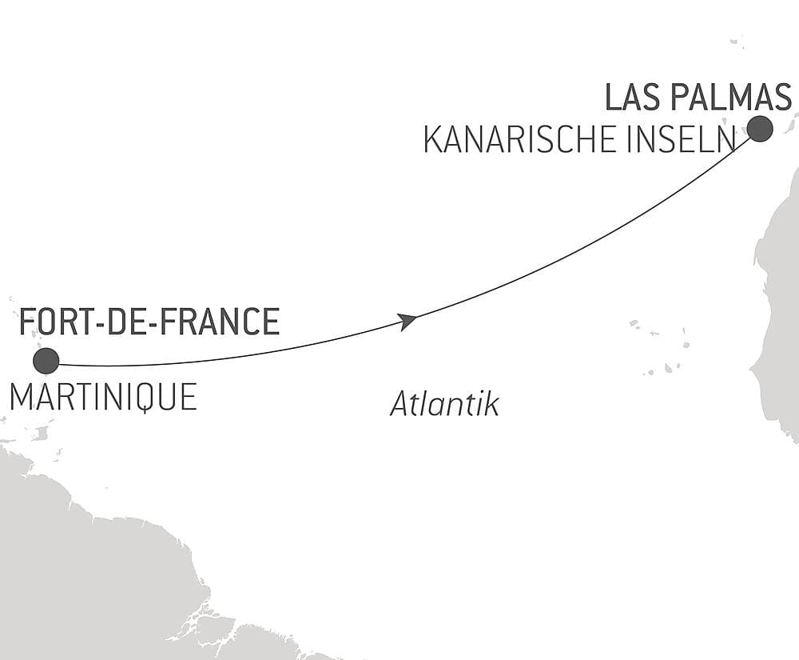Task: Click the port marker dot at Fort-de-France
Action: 46,361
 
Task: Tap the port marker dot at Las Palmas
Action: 759,128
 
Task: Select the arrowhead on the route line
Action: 407,322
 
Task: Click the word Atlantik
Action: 444,405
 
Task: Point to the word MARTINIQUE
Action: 103,398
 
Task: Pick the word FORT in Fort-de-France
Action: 50,322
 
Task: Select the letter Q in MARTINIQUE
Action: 149,398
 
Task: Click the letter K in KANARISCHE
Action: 431,141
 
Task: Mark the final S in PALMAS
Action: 781,97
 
